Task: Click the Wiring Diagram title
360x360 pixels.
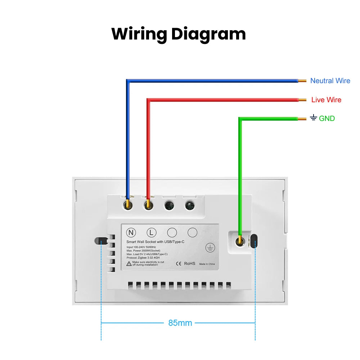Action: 179,34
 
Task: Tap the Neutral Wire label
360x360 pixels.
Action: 330,81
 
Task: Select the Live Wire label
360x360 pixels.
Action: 326,100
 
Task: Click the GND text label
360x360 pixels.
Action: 327,118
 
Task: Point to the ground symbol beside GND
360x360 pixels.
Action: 314,118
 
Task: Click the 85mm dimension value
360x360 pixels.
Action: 180,323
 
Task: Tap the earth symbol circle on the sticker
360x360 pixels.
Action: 210,247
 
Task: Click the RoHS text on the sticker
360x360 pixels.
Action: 190,264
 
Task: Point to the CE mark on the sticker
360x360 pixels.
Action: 178,264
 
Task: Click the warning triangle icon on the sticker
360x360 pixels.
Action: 129,264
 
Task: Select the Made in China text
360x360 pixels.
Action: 207,264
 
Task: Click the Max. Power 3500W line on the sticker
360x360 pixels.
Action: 143,251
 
